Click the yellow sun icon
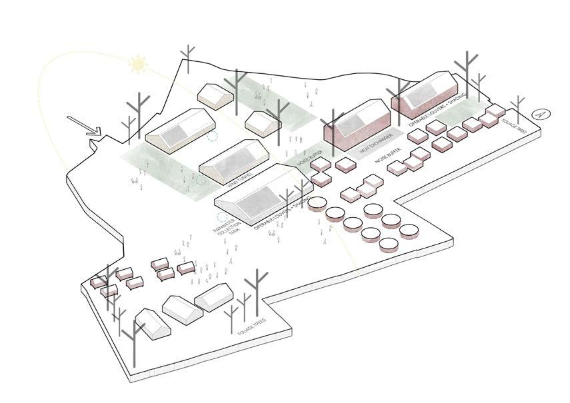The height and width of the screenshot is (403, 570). pyautogui.click(x=138, y=65)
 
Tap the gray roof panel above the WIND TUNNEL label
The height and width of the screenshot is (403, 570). pyautogui.click(x=231, y=158)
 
